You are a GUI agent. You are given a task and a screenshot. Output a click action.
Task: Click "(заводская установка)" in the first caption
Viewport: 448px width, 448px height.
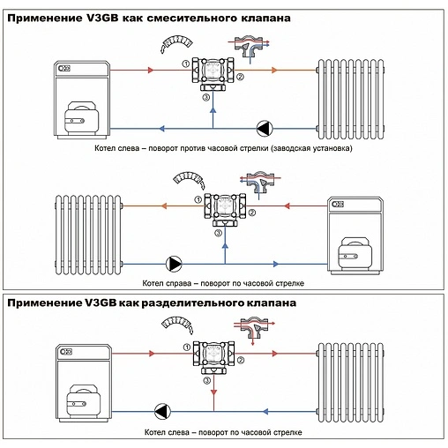[312, 148]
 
